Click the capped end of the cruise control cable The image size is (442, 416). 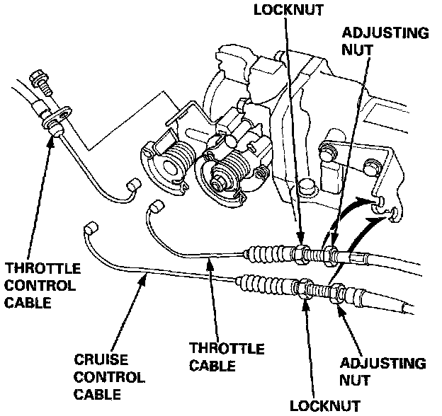90,228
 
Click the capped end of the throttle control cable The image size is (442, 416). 130,186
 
